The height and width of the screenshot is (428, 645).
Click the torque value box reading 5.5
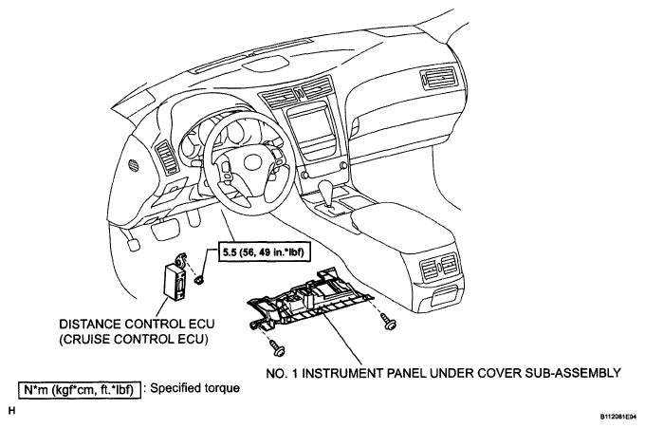click(268, 253)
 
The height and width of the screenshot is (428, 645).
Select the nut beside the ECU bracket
click(200, 280)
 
